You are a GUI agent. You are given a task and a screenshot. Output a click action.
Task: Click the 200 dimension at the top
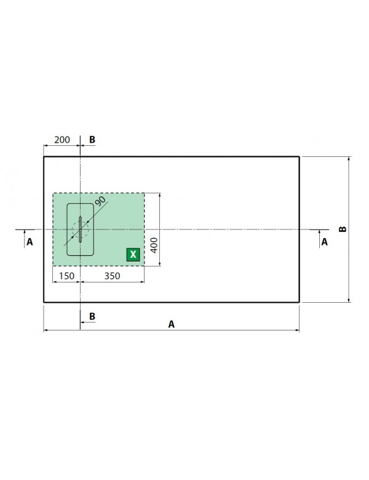tap(61, 140)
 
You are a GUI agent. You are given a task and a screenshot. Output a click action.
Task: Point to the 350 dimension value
tap(111, 276)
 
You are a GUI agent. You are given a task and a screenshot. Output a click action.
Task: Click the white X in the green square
tap(132, 254)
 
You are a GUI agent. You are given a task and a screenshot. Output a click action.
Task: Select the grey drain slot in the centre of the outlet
tap(80, 230)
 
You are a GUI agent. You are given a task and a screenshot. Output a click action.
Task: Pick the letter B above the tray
tap(92, 140)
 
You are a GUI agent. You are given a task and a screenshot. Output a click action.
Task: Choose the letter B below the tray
tap(92, 316)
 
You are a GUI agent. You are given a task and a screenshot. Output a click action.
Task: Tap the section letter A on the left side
tap(30, 242)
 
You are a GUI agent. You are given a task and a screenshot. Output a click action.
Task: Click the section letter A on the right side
tap(325, 242)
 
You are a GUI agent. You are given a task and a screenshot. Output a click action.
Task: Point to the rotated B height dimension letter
tap(343, 229)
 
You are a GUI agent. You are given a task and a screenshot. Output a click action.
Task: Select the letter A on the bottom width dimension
tap(172, 324)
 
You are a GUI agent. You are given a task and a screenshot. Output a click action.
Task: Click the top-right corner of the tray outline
tap(300, 157)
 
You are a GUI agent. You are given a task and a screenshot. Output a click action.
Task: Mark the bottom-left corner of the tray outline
tap(44, 302)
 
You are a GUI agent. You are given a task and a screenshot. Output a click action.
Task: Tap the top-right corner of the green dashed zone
tap(145, 193)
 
